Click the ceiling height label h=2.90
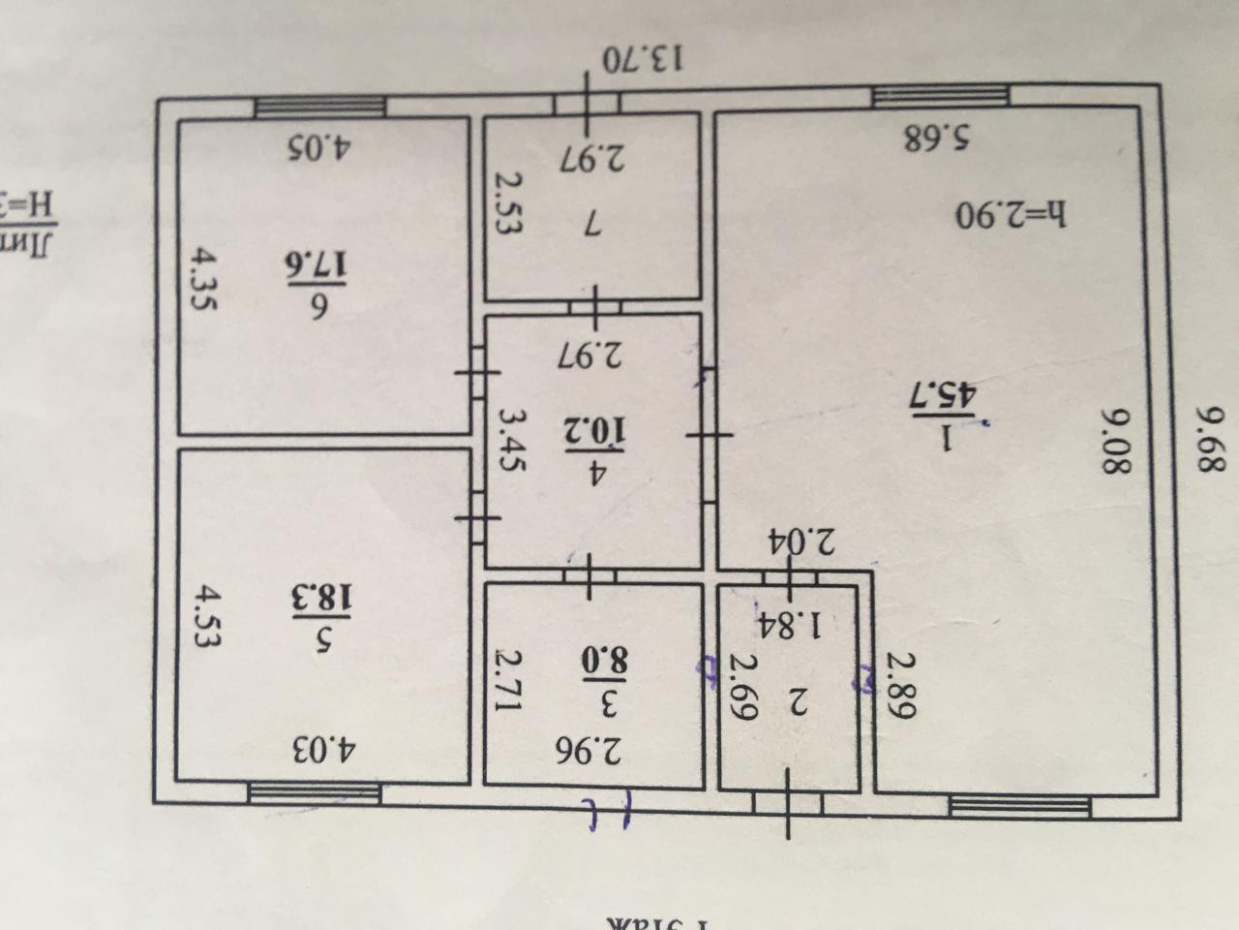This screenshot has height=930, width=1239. coord(1010,213)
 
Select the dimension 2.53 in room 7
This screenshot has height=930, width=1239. coord(508,205)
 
